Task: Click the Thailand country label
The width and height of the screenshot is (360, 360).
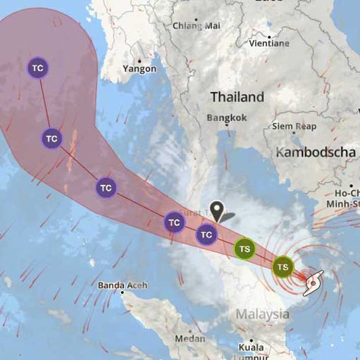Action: coord(237,97)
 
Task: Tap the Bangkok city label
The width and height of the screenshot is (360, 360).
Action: coord(227,118)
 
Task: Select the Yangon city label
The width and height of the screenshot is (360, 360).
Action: coord(139,68)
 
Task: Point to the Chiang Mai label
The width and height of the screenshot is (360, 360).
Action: coord(196,25)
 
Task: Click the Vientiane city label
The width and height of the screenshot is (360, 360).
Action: coord(269,43)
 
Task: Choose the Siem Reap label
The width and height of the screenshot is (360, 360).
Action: coord(294,126)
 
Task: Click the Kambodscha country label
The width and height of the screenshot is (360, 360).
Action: coord(315,152)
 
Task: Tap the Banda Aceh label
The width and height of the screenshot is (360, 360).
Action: coord(121,285)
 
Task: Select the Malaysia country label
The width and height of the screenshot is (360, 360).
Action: coord(263,315)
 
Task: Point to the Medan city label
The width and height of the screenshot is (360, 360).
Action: coord(190,338)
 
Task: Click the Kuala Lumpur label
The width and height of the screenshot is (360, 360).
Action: coord(252,351)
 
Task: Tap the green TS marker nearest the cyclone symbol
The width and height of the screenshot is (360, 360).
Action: coord(283,267)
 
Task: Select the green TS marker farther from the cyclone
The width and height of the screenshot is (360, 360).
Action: coord(244,249)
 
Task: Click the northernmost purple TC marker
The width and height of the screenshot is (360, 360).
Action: coord(38,68)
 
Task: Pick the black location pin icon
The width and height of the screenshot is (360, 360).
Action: coord(217,210)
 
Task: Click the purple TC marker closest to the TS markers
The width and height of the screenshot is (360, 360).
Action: coord(206,235)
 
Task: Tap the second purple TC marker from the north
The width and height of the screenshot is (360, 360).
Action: coord(52,139)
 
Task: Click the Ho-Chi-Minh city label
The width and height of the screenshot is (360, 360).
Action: coord(346,197)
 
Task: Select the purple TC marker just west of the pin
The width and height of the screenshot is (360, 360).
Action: coord(175,221)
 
